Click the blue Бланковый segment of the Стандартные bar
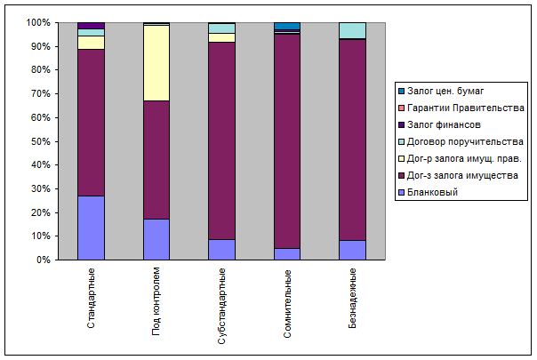point(91,228)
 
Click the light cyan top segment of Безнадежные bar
point(352,30)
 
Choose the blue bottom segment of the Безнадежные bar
point(352,250)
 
